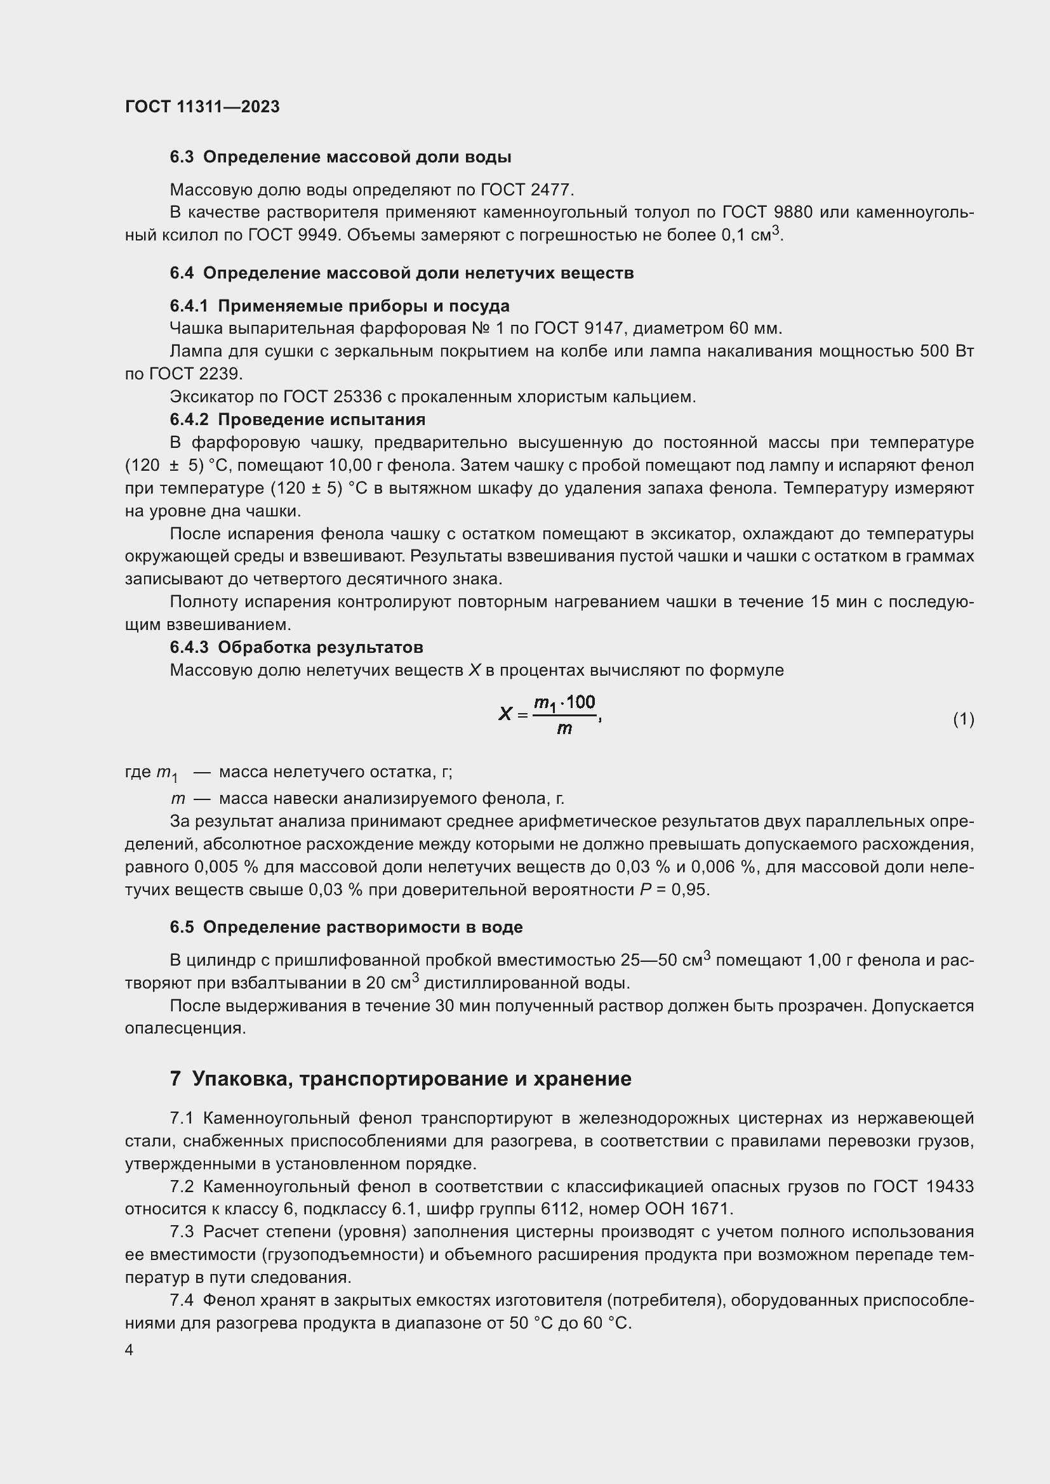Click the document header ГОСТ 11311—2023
(x=203, y=107)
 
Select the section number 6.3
(x=182, y=157)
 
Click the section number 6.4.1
(x=189, y=306)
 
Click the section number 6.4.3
(x=189, y=647)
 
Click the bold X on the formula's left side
(x=505, y=714)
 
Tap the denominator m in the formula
(x=564, y=730)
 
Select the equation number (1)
(x=964, y=719)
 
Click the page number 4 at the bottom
(x=130, y=1350)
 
